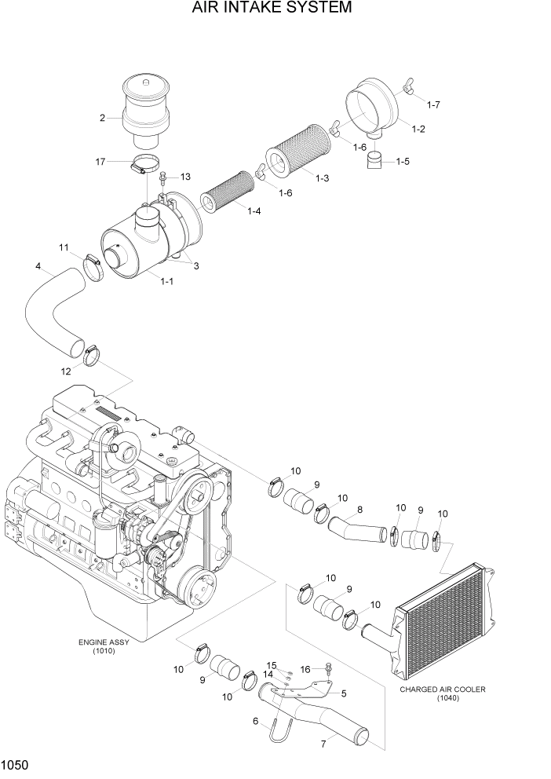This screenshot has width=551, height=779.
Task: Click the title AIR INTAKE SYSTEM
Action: click(272, 9)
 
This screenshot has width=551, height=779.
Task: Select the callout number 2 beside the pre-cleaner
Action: click(102, 119)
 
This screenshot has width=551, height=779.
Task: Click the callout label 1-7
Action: click(433, 104)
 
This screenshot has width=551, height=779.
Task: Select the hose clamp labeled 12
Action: click(93, 356)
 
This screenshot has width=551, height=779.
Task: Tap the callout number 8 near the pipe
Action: click(359, 510)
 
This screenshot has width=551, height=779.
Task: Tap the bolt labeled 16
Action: click(328, 669)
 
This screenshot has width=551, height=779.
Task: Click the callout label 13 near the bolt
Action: click(185, 176)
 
